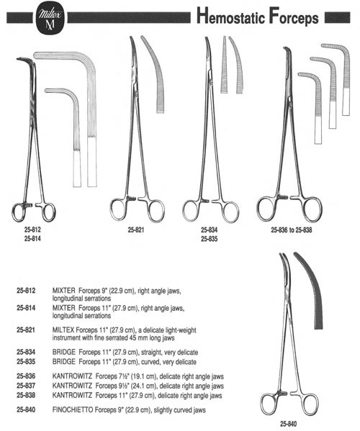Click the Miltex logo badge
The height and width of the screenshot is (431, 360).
click(50, 18)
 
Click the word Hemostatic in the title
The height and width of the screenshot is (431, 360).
click(230, 17)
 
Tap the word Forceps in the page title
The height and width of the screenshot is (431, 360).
click(294, 17)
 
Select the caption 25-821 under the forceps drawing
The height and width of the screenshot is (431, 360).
click(136, 230)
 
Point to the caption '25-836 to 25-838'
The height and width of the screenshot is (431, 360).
click(292, 230)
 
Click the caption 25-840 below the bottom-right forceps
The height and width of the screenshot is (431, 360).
click(288, 424)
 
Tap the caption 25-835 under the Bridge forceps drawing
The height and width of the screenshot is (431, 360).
click(209, 239)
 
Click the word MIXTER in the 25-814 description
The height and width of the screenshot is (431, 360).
click(63, 308)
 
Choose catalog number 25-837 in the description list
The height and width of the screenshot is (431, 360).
click(26, 386)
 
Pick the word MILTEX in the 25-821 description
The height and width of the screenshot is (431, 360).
click(63, 330)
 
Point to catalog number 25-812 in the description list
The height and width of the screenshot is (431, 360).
click(26, 290)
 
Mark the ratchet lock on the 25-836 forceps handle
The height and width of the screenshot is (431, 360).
click(283, 197)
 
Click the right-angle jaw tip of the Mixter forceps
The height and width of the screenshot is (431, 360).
click(18, 58)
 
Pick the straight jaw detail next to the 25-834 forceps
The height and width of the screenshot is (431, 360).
click(224, 65)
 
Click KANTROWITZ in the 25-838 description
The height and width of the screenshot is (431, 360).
click(72, 395)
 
